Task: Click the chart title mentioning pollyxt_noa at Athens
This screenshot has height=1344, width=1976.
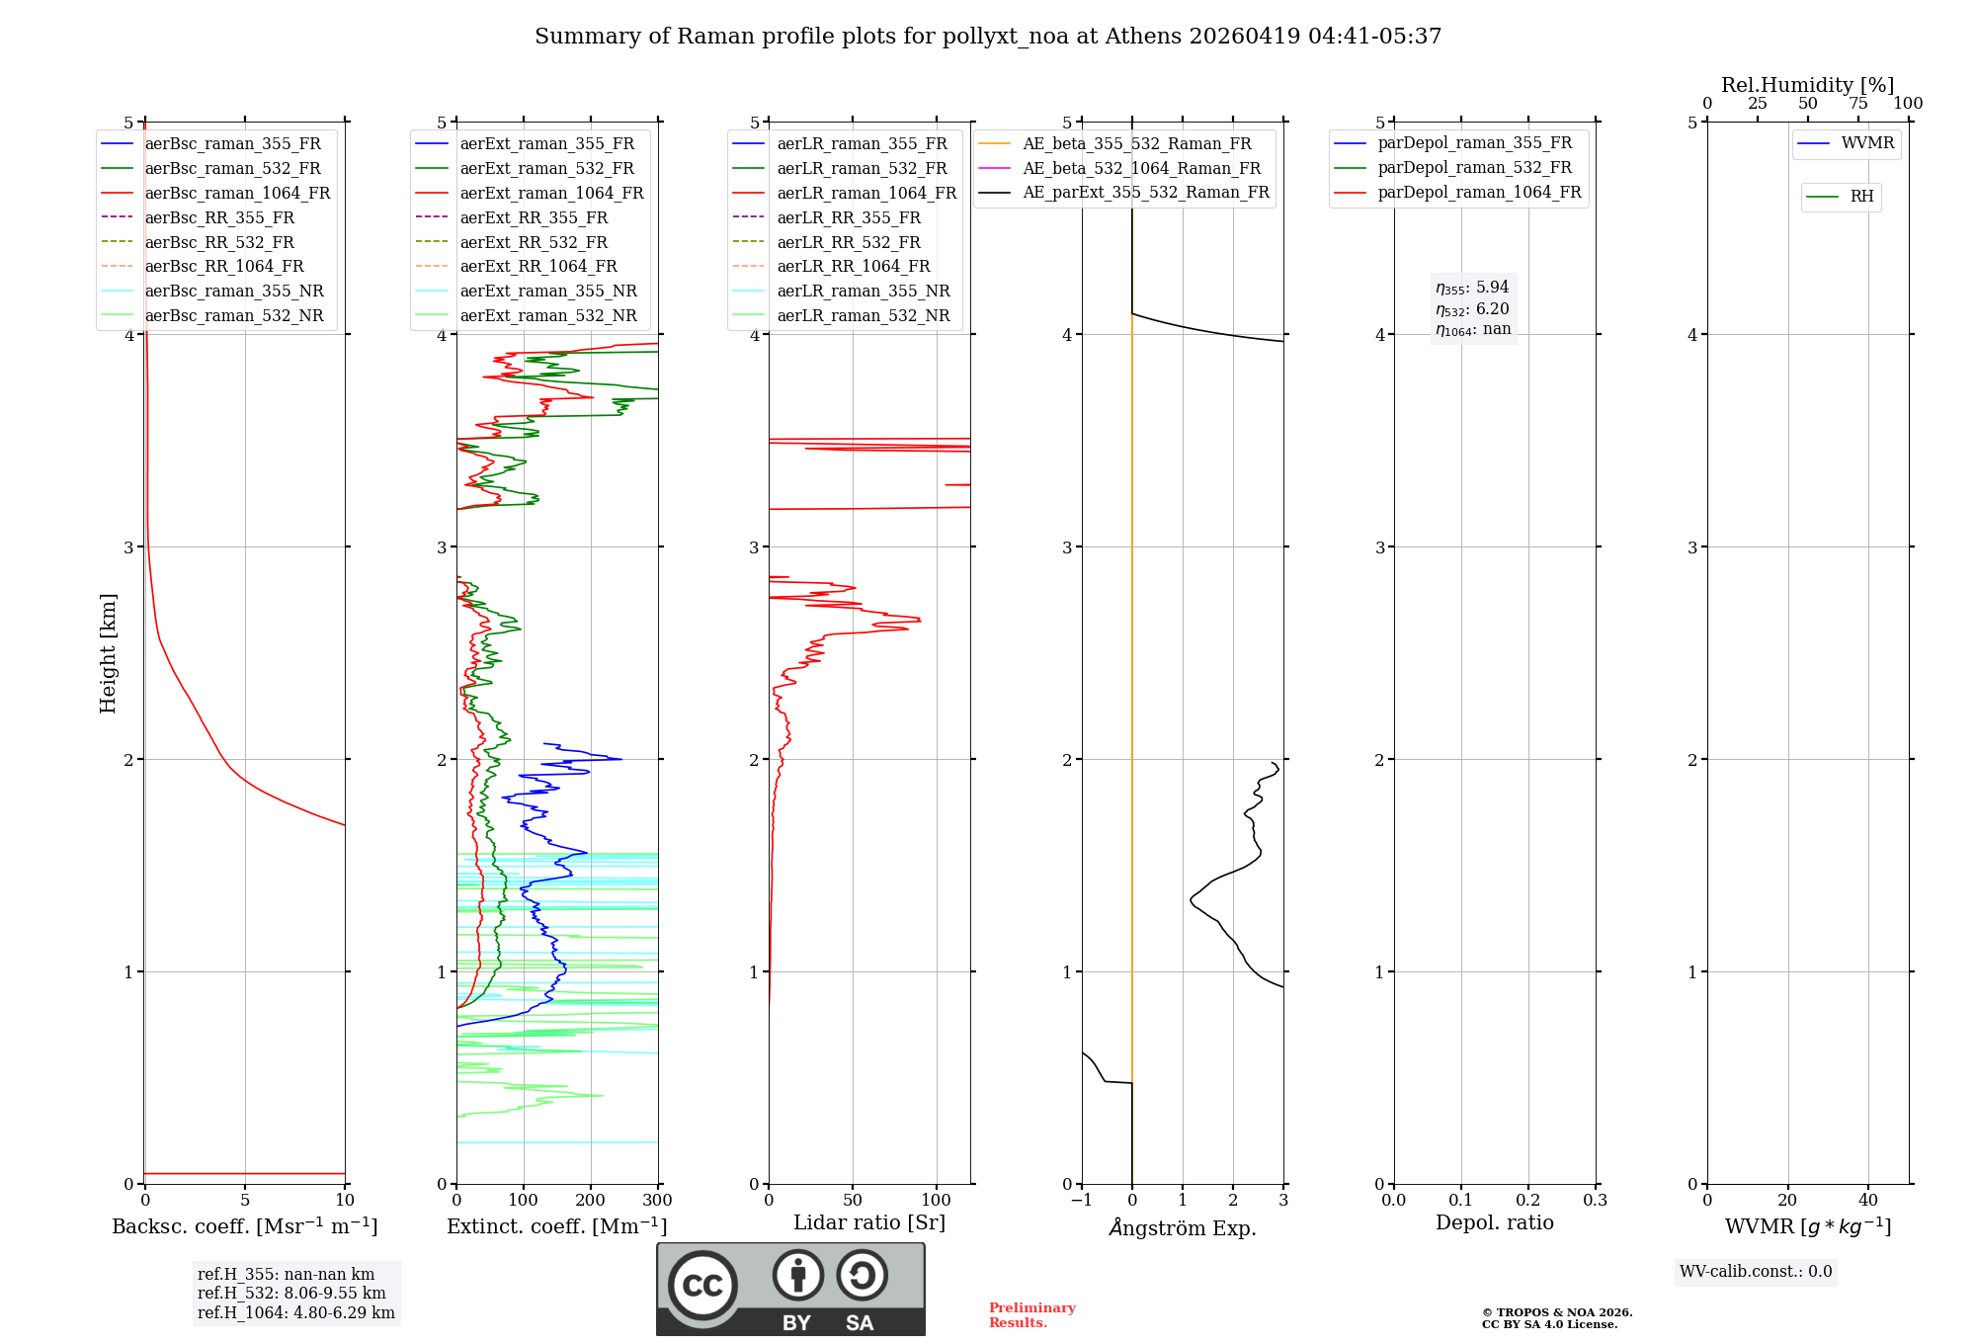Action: tap(988, 37)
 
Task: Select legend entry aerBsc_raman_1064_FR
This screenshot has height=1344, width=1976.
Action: tap(237, 194)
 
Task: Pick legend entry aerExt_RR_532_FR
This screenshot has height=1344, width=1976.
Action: tap(534, 242)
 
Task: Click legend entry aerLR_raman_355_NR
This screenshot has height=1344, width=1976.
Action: tap(863, 292)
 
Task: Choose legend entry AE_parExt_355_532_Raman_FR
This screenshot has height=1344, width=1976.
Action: tap(1145, 193)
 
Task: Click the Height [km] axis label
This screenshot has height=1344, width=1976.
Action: tap(108, 653)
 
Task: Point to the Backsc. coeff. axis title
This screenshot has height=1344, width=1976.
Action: tap(244, 1226)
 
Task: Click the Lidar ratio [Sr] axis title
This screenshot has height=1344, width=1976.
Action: tap(869, 1223)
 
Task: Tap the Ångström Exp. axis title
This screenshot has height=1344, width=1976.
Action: tap(1183, 1228)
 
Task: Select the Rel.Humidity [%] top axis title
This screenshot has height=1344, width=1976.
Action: tap(1807, 85)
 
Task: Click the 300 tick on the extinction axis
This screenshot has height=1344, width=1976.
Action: tap(657, 1201)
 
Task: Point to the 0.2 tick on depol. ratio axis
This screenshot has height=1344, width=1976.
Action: tap(1527, 1201)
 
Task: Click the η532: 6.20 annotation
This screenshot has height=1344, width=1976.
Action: tap(1472, 309)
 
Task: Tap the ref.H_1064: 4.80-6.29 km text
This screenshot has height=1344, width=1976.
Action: tap(295, 1313)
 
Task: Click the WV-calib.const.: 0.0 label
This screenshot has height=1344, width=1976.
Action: tap(1756, 1272)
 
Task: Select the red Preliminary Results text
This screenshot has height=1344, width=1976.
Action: tap(1031, 1315)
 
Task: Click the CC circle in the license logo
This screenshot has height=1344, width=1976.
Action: tap(702, 1286)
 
